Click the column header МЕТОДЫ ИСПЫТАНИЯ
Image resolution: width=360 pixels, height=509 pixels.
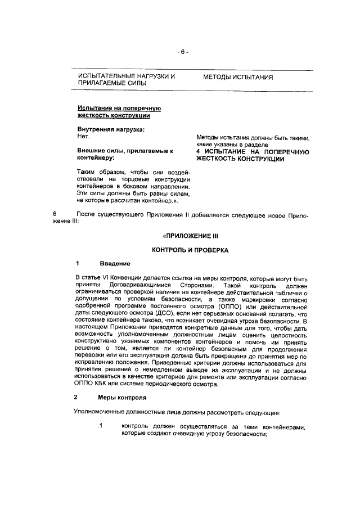click(238, 76)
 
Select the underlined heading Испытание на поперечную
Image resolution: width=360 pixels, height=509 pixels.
click(119, 108)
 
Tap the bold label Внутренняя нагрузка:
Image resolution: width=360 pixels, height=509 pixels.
click(110, 129)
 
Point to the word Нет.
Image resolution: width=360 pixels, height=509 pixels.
click(83, 137)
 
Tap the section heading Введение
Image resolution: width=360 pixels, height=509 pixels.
click(115, 264)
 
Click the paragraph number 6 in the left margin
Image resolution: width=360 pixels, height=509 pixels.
click(55, 215)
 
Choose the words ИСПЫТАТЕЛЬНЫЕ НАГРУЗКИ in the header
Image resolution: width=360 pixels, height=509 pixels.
click(127, 76)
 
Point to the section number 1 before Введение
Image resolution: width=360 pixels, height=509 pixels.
click(77, 264)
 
